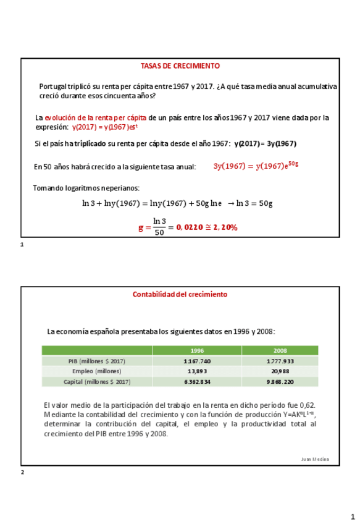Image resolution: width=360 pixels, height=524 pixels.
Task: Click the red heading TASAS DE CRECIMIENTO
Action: tap(180, 66)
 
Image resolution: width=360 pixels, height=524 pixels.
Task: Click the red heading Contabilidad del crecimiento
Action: tap(180, 295)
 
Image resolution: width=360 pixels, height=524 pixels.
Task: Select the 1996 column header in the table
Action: tap(197, 350)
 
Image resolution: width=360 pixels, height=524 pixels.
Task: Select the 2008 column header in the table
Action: tap(280, 350)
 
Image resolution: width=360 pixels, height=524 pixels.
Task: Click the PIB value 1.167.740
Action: tap(197, 361)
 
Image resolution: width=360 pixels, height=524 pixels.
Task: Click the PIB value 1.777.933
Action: tap(280, 361)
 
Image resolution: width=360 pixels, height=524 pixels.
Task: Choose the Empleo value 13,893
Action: tap(197, 371)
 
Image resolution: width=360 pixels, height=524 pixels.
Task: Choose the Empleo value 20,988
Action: tap(280, 371)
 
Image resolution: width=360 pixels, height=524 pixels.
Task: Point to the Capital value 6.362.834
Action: tap(197, 382)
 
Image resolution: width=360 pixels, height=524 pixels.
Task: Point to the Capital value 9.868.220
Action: tap(280, 382)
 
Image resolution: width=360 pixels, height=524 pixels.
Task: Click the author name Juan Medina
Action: tap(315, 459)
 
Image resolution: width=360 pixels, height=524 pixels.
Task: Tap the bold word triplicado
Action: tap(90, 143)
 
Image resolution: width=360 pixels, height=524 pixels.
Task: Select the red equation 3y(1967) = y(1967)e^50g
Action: tap(256, 166)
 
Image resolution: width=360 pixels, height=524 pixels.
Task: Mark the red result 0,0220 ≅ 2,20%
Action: tap(207, 227)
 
